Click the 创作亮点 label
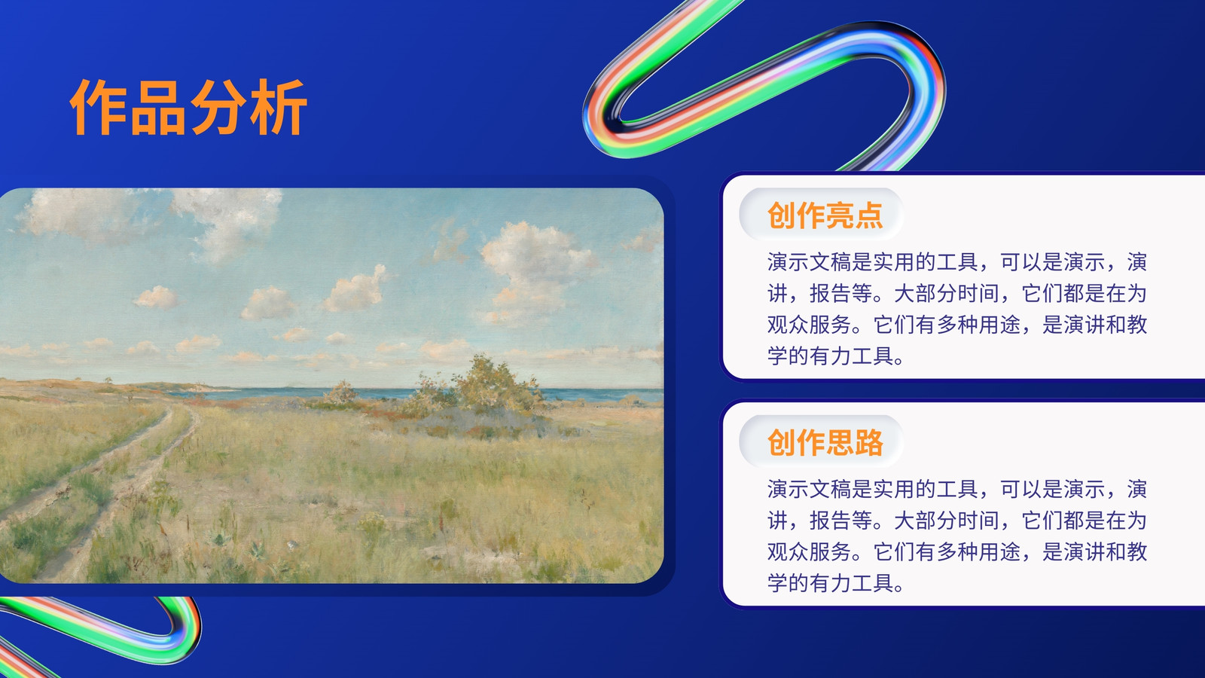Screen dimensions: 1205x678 [x=825, y=215]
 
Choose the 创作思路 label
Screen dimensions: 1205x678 [x=825, y=442]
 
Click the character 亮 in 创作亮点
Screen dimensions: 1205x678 [x=839, y=215]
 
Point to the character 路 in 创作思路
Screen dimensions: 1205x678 [x=868, y=442]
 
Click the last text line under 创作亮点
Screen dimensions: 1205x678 [x=835, y=356]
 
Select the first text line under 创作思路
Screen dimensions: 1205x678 [x=957, y=489]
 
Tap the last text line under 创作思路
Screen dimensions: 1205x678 [x=835, y=583]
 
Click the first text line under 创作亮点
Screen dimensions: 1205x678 [x=957, y=262]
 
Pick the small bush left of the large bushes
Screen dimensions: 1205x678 [x=340, y=392]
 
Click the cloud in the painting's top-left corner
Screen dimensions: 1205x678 [x=81, y=212]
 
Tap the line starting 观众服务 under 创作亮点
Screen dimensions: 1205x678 [x=957, y=325]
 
